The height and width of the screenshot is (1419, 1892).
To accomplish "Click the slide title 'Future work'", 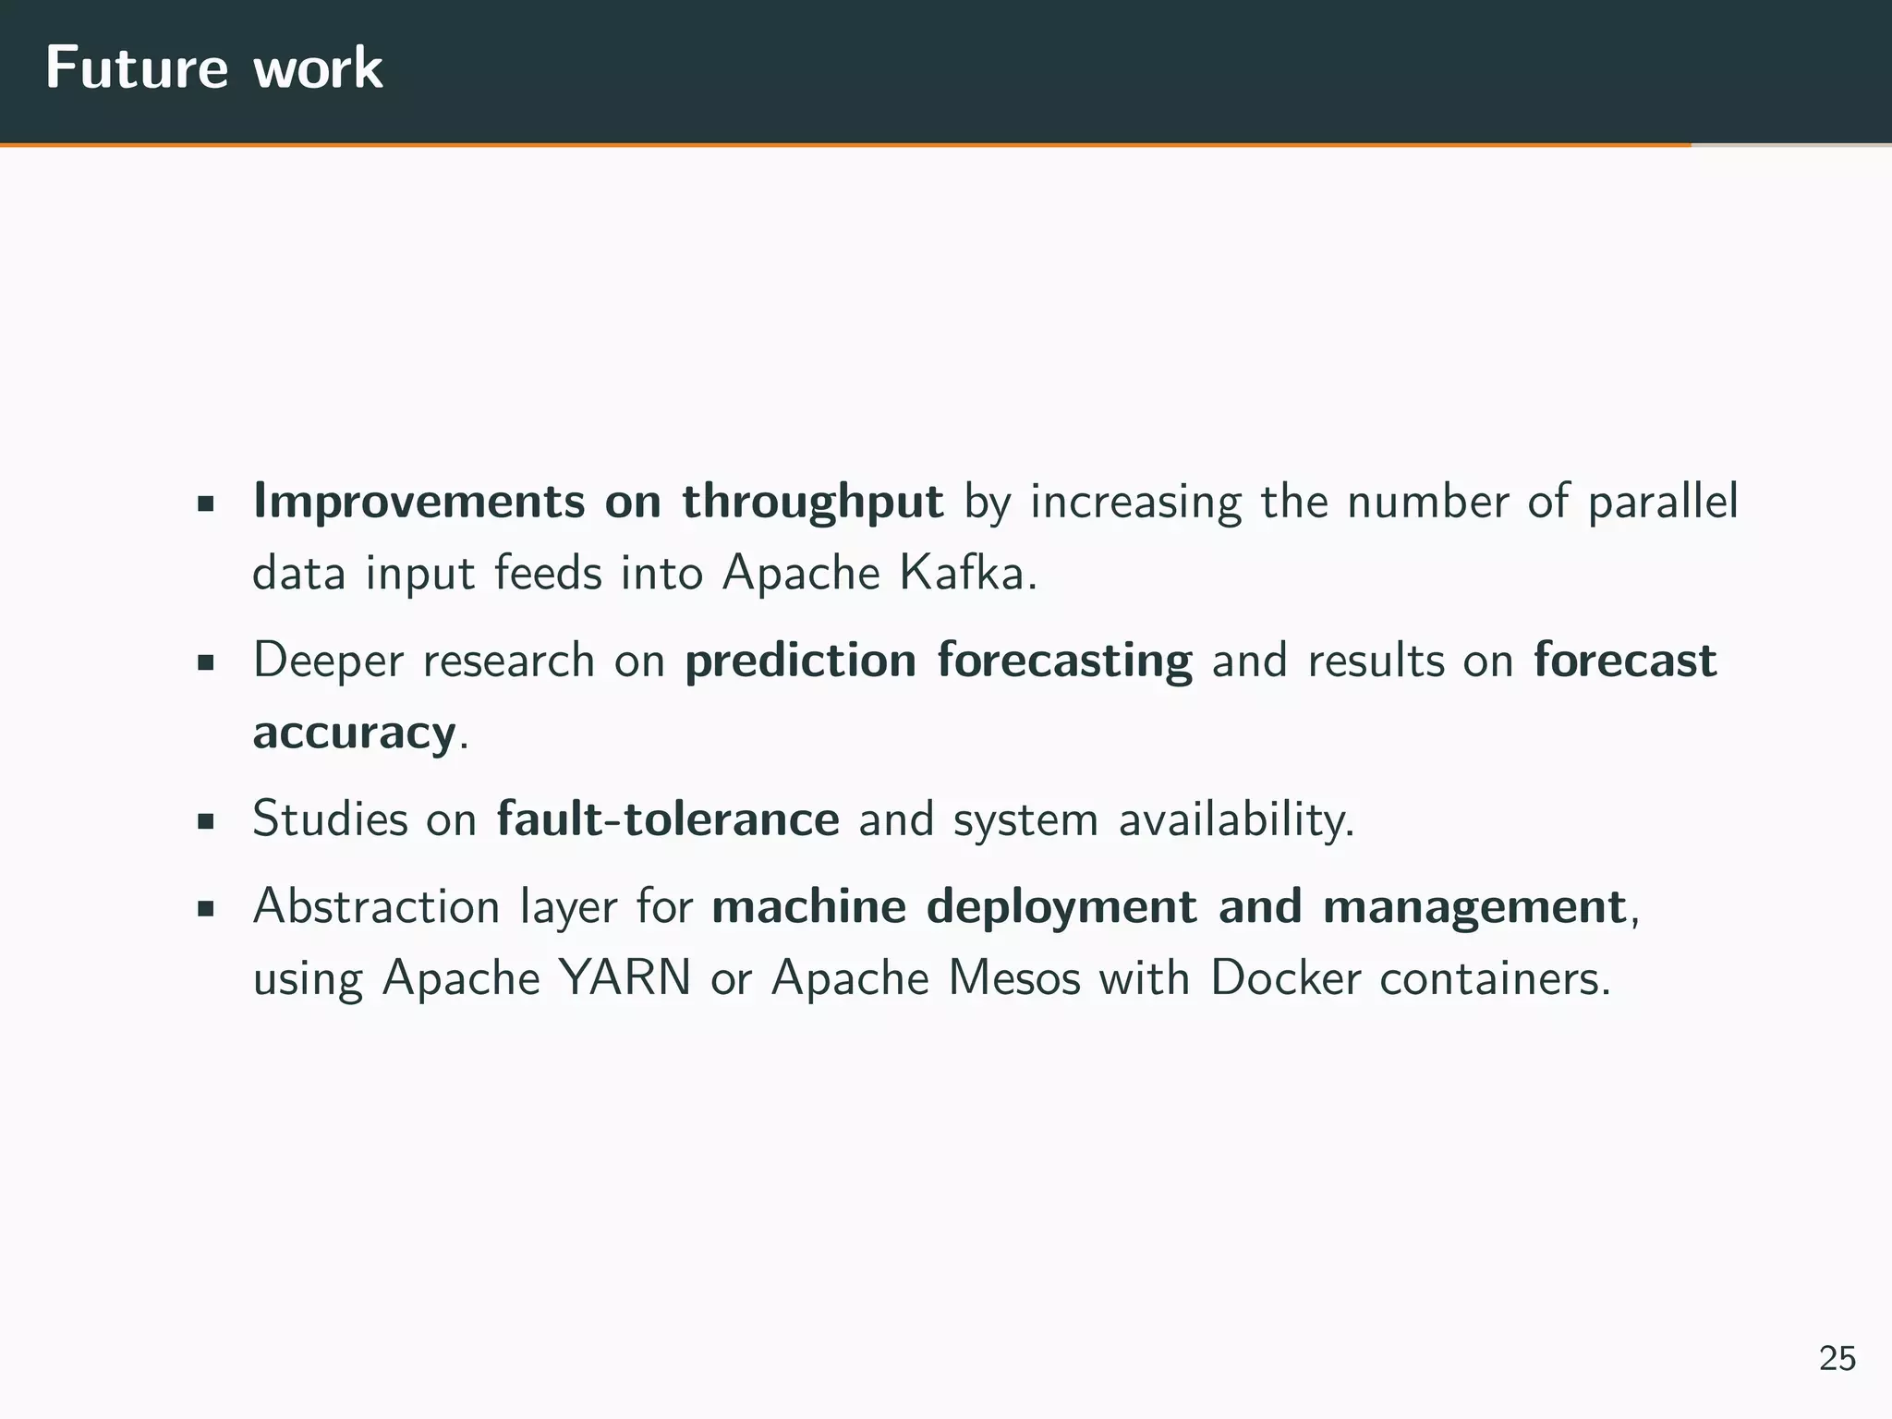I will coord(213,67).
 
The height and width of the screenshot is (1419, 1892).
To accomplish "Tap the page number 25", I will coord(1837,1358).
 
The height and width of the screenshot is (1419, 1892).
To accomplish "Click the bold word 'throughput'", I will coord(812,502).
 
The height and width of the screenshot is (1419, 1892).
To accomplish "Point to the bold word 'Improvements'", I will coord(418,502).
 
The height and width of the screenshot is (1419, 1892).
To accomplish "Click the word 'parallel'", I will coord(1662,502).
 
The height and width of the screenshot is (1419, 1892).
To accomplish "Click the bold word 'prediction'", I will coord(800,661).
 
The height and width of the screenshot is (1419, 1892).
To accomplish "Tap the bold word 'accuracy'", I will coord(354,734).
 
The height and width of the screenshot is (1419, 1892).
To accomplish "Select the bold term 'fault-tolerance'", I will coord(667,819).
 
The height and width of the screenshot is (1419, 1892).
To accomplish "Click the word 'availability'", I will coord(1233,819).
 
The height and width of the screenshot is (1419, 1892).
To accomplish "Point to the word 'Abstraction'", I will coord(376,906).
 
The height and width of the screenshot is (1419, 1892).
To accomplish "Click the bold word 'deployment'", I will coord(1061,906).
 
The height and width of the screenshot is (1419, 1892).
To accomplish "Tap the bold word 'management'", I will coord(1474,906).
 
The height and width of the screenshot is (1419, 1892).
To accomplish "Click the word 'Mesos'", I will coord(1014,977).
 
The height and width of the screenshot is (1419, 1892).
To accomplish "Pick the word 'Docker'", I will coord(1285,977).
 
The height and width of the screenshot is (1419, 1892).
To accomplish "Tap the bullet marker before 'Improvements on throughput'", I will coord(206,504).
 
